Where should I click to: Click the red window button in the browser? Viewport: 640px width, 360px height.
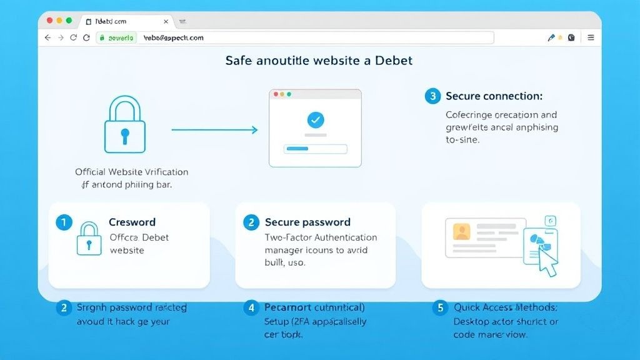49,21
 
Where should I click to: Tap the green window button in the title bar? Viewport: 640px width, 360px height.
69,21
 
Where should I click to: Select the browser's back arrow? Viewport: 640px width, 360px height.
47,37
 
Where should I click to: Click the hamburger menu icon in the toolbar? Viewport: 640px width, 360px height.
591,37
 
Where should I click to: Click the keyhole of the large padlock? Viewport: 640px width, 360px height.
125,134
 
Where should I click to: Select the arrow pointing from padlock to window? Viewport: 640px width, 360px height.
214,130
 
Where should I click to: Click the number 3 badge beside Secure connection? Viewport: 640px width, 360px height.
432,96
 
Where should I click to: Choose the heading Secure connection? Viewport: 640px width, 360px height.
494,96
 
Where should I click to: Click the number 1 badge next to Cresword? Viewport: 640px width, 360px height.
63,222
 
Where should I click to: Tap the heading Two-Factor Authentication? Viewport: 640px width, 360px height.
321,237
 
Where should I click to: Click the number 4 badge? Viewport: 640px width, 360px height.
251,307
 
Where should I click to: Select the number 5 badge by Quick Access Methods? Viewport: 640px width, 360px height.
441,307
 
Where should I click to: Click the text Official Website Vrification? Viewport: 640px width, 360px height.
131,172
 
